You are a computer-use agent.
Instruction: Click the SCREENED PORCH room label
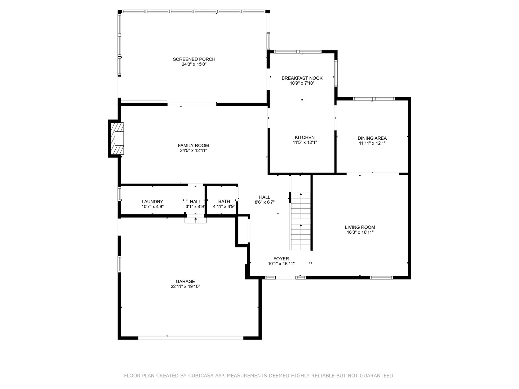[194, 59]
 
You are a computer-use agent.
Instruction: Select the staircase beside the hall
[300, 221]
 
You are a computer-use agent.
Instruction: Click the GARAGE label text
[185, 282]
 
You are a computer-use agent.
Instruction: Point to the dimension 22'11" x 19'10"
[185, 287]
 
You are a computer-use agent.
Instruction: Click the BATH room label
[224, 202]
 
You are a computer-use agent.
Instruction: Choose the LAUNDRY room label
[152, 202]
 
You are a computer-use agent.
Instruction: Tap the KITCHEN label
[305, 138]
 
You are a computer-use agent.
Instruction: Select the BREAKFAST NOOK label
[302, 78]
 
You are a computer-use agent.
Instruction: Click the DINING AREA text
[372, 138]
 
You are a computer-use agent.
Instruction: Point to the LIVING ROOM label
[360, 227]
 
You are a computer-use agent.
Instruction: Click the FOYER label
[281, 259]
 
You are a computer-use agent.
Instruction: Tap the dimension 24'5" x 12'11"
[194, 151]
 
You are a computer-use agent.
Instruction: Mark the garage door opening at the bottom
[191, 338]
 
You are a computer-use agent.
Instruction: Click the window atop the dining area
[374, 99]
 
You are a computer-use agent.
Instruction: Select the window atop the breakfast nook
[298, 52]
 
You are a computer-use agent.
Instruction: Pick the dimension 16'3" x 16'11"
[360, 232]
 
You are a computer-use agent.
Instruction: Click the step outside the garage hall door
[196, 220]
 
